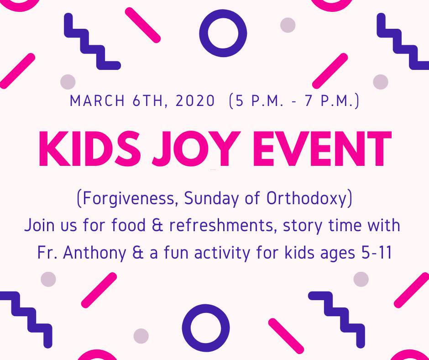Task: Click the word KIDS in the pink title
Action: point(90,148)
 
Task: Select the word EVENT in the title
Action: point(322,148)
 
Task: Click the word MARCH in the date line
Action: point(97,101)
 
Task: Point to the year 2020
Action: point(195,101)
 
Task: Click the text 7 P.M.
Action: point(332,101)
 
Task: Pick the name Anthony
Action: point(94,253)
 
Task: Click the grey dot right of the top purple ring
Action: point(288,25)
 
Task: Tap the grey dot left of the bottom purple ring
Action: point(141,336)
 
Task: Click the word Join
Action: point(39,225)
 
